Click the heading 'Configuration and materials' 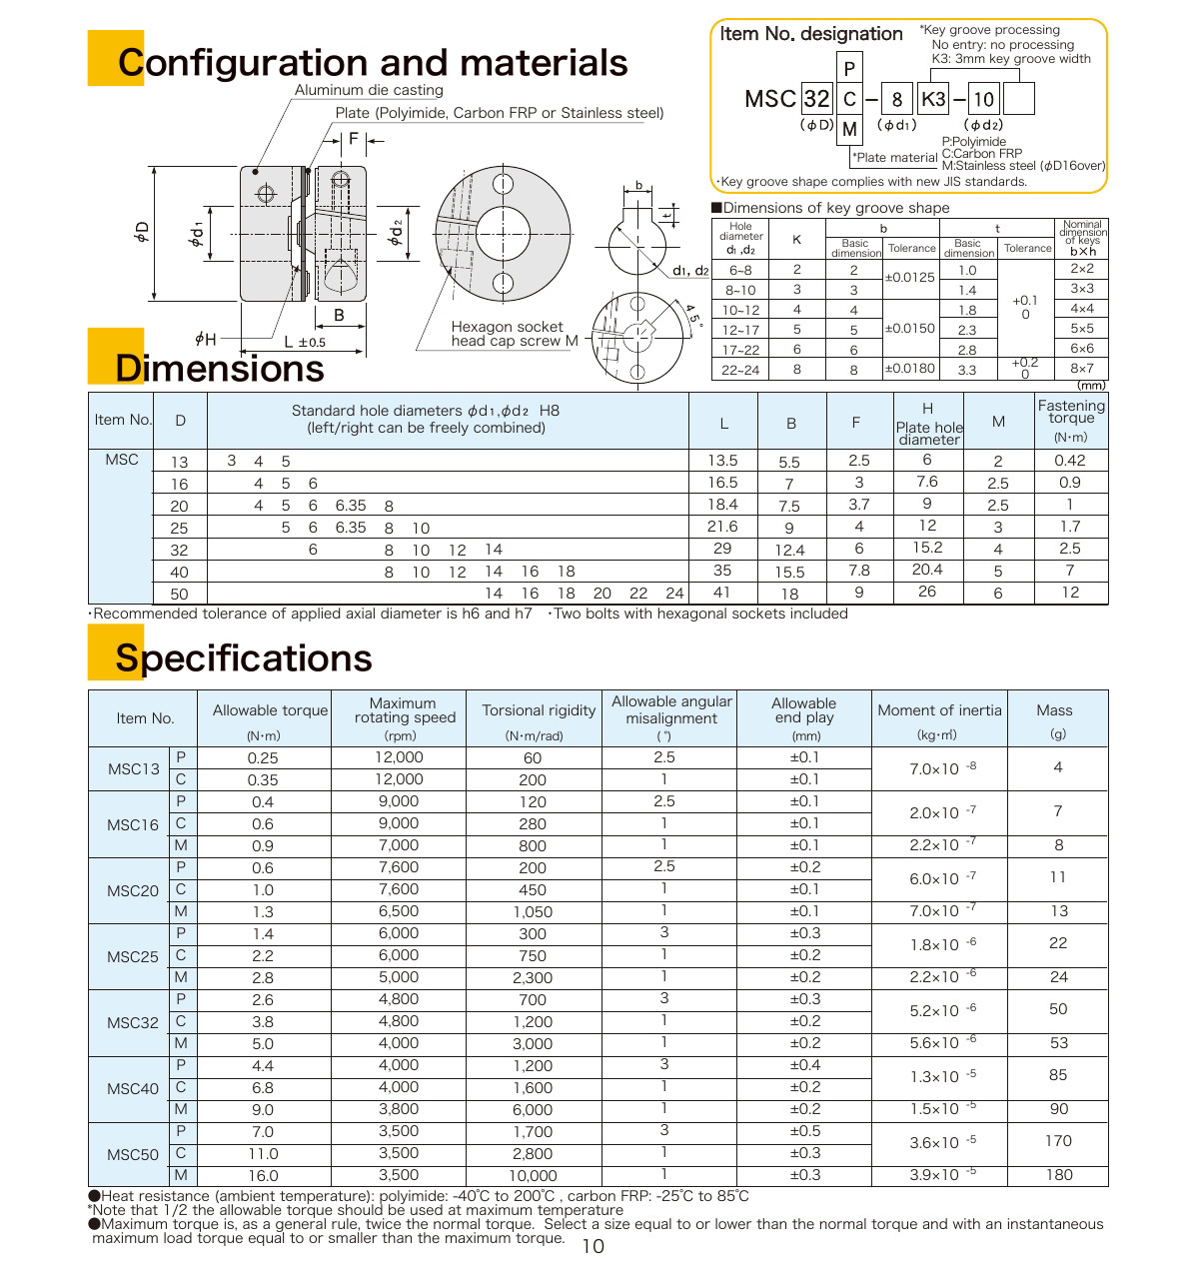pos(372,63)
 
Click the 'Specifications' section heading pos(243,658)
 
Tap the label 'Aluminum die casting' pos(369,90)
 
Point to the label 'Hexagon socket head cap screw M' pos(514,334)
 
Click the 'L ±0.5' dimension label pos(304,342)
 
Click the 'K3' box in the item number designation pos(933,98)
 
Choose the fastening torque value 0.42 pos(1070,461)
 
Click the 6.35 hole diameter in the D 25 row pos(350,528)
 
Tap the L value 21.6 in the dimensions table pos(722,527)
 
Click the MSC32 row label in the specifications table pos(133,1022)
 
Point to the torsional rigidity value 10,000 pos(533,1176)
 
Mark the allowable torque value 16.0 pos(263,1176)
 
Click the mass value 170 pos(1058,1141)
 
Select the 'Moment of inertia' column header pos(939,710)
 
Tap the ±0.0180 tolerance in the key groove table pos(909,369)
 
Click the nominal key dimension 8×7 pos(1082,369)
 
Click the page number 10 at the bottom pos(593,1246)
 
